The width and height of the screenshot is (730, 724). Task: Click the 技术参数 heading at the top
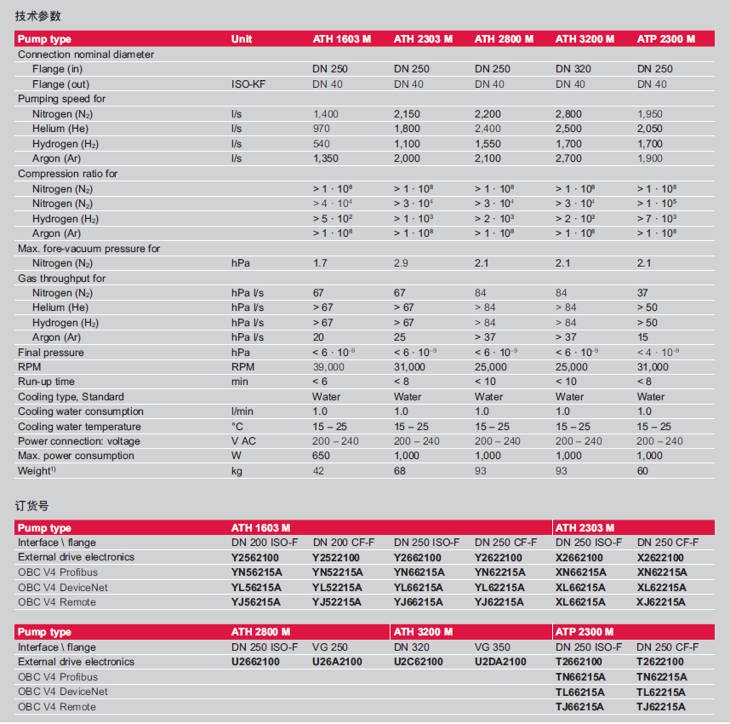38,16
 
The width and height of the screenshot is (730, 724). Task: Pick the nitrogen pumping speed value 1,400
326,113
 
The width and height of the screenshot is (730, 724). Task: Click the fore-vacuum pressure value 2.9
401,263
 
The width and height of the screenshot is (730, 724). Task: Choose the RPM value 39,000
329,367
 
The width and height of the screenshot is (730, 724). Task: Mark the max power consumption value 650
322,456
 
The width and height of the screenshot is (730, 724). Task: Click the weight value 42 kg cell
318,471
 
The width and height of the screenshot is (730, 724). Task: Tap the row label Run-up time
46,382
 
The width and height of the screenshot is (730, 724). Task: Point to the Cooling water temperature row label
79,427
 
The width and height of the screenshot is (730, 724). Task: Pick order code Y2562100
255,557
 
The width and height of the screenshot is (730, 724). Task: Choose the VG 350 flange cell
494,647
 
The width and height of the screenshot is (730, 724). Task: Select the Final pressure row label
51,352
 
